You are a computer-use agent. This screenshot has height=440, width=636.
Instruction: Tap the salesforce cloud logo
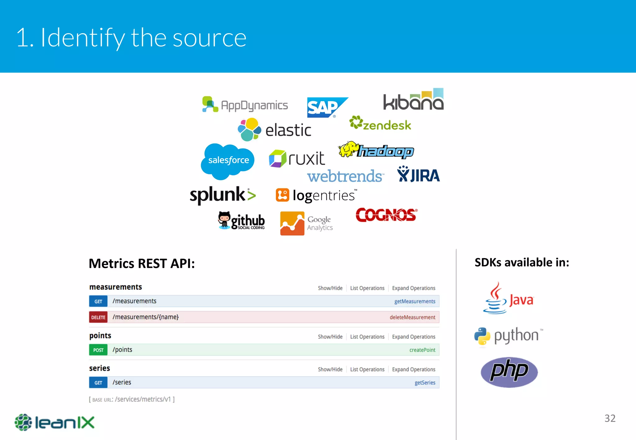[228, 160]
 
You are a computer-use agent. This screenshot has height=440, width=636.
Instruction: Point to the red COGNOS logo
[386, 215]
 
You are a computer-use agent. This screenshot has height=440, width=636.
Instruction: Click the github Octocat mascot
[224, 220]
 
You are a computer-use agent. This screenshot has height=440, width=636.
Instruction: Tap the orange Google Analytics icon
[292, 223]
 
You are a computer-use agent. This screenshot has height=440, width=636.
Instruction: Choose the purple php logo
[509, 372]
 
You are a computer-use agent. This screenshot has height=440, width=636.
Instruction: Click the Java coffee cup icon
[495, 299]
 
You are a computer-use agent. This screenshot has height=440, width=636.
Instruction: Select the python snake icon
[482, 336]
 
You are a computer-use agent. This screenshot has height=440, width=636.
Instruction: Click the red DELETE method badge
[98, 317]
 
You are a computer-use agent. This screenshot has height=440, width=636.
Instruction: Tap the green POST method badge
[98, 350]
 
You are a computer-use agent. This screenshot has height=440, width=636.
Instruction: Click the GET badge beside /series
[98, 383]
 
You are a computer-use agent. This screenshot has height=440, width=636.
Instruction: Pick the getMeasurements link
[415, 301]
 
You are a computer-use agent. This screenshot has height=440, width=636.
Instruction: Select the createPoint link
[422, 350]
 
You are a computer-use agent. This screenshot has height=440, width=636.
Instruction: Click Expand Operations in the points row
[413, 337]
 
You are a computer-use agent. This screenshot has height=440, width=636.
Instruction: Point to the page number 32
[610, 418]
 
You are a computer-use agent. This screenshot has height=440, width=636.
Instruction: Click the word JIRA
[425, 176]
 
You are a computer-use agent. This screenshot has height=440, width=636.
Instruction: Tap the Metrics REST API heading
[142, 263]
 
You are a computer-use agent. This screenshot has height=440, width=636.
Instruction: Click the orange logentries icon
[282, 195]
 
